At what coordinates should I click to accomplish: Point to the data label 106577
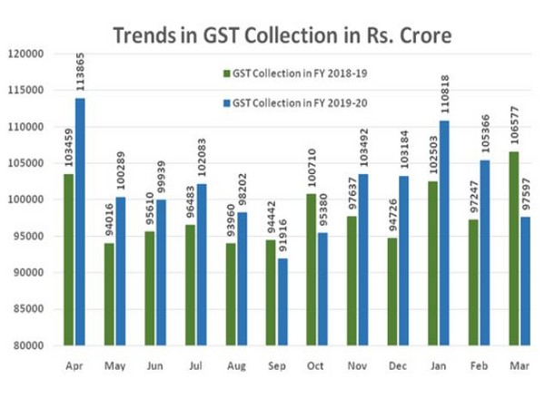coord(514,131)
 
